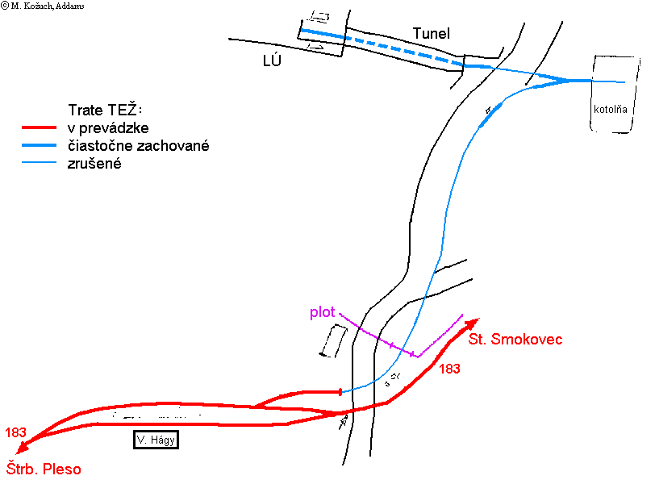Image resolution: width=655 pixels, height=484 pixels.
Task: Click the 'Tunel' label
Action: tap(431, 33)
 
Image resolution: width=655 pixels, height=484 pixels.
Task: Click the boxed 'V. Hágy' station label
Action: tap(156, 440)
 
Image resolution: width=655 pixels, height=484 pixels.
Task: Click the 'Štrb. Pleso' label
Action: tap(44, 469)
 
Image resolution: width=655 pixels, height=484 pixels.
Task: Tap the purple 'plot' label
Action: tap(323, 312)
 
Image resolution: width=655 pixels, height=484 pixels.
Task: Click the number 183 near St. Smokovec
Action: tap(449, 369)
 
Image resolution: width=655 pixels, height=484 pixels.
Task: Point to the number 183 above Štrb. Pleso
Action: tap(15, 432)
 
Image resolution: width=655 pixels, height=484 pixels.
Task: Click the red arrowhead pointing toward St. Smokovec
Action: tap(473, 323)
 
